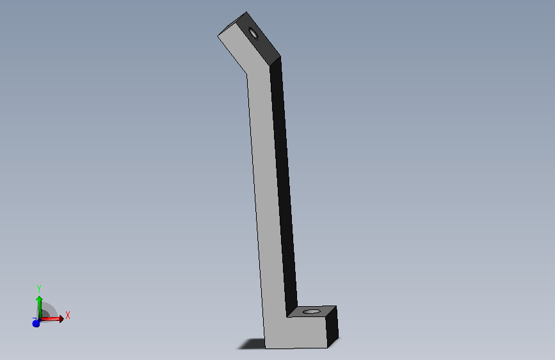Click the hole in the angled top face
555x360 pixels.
[x=253, y=33]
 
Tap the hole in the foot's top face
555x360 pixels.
[x=312, y=311]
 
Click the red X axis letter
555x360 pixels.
[x=68, y=315]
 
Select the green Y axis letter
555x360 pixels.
[x=39, y=288]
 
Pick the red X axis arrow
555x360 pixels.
[x=52, y=319]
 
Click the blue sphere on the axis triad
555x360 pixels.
[x=36, y=323]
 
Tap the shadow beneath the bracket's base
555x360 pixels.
[x=252, y=343]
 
